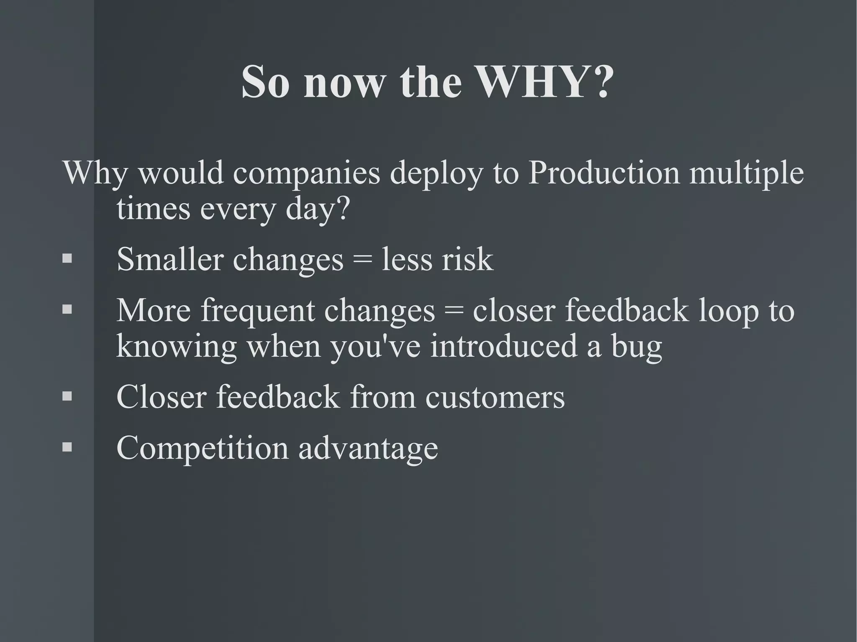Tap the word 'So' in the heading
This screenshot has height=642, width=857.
(x=265, y=82)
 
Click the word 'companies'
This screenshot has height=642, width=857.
(x=306, y=174)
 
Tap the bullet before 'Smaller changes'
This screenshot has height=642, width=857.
(x=67, y=258)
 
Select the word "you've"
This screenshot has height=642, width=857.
(x=375, y=347)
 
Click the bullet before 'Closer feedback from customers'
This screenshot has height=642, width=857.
(x=67, y=396)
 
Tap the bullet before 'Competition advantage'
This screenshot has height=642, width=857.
(x=67, y=447)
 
